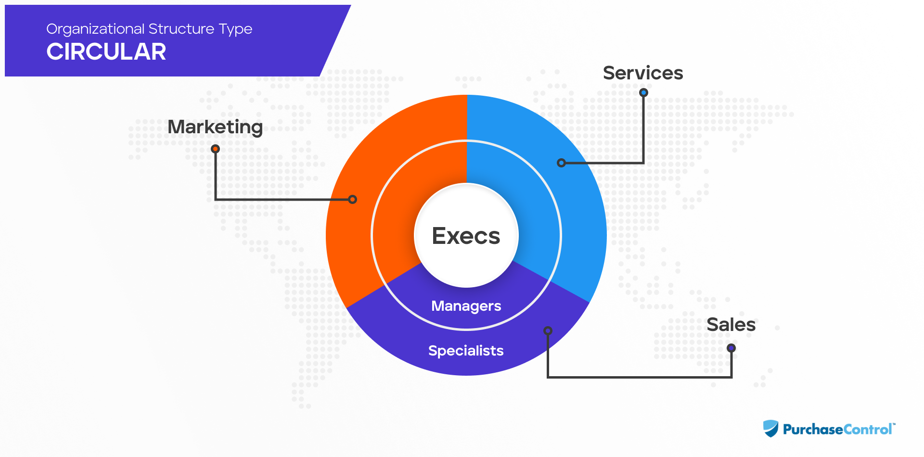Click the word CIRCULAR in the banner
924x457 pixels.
pyautogui.click(x=106, y=51)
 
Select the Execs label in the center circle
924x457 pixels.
pyautogui.click(x=466, y=236)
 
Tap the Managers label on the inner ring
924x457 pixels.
pyautogui.click(x=466, y=306)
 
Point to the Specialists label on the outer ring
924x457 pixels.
pyautogui.click(x=466, y=351)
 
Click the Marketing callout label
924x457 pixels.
pyautogui.click(x=215, y=127)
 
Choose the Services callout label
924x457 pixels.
pyautogui.click(x=643, y=73)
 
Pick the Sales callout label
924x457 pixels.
pyautogui.click(x=731, y=325)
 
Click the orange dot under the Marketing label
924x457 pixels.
pyautogui.click(x=216, y=149)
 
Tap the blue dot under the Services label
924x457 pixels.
pyautogui.click(x=643, y=92)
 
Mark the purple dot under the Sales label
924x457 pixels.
pyautogui.click(x=731, y=348)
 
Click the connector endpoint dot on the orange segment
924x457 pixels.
pyautogui.click(x=352, y=199)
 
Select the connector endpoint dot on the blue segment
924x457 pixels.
pyautogui.click(x=561, y=163)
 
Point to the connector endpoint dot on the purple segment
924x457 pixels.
pyautogui.click(x=548, y=330)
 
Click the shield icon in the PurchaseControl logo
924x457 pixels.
pyautogui.click(x=770, y=428)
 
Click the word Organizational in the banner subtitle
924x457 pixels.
pyautogui.click(x=95, y=29)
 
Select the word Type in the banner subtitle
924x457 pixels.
pyautogui.click(x=235, y=29)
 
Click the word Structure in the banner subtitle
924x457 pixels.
pyautogui.click(x=181, y=29)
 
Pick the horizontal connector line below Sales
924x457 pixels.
pyautogui.click(x=640, y=377)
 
